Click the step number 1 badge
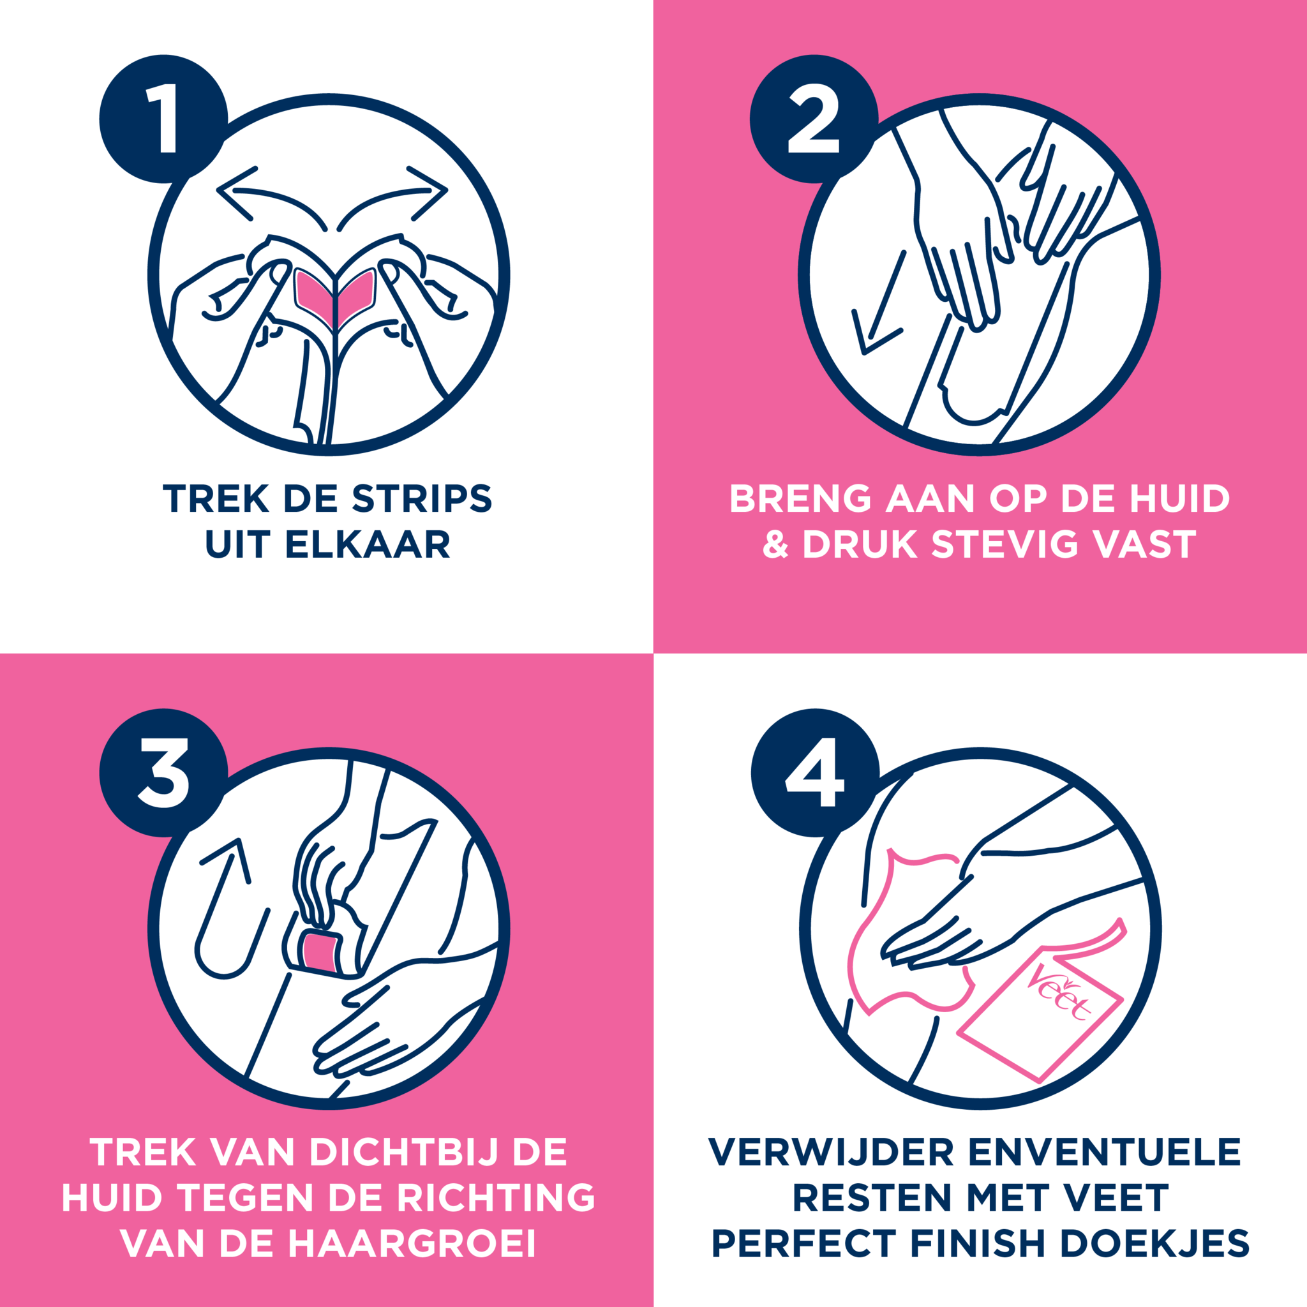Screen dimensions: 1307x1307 coord(163,119)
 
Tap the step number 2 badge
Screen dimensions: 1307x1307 coord(814,119)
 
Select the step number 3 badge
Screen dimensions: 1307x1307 coord(163,773)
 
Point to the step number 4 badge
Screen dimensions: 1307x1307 coord(815,773)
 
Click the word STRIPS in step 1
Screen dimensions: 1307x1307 coord(421,498)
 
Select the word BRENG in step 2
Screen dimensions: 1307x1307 coord(800,498)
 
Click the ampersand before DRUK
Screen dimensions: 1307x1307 coord(775,544)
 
